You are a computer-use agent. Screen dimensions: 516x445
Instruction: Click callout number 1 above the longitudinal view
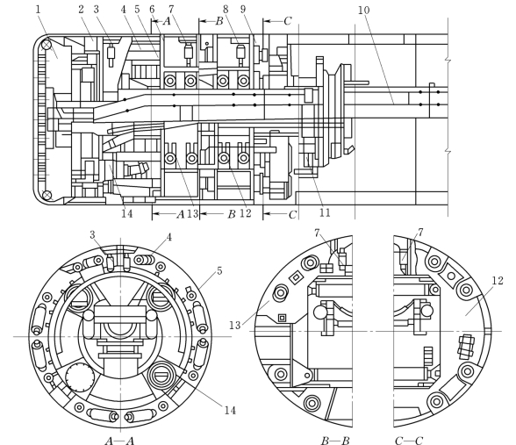coord(38,9)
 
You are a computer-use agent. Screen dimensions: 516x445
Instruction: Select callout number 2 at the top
coord(82,9)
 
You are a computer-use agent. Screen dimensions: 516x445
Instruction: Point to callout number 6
coord(152,9)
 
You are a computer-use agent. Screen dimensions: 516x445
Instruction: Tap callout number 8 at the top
coord(226,9)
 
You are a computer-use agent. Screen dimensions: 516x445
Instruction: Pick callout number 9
coord(243,9)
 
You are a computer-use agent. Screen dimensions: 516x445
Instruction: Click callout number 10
coord(363,11)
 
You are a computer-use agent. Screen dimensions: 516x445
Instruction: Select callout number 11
coord(325,212)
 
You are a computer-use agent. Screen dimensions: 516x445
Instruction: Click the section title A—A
coord(119,441)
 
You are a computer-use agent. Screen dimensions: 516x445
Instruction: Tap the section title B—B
coord(335,441)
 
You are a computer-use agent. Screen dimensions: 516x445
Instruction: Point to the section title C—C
coord(409,441)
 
